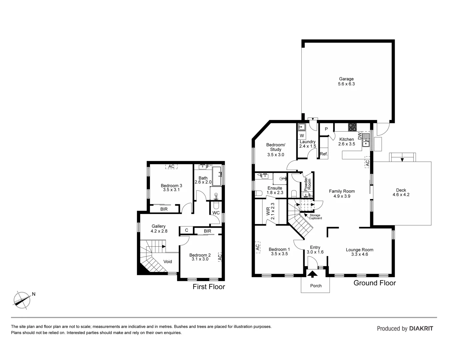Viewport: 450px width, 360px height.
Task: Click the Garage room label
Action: tap(346, 79)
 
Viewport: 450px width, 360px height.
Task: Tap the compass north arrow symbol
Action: tap(22, 299)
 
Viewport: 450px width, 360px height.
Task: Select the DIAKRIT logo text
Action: tap(421, 328)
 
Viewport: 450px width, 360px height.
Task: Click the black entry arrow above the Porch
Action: tap(312, 274)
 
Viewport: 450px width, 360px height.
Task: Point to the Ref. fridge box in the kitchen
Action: tap(324, 154)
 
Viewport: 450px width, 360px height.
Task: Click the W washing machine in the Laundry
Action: tap(302, 136)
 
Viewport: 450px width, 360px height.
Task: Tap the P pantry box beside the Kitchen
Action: tap(326, 129)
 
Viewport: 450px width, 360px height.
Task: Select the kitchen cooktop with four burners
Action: tap(352, 127)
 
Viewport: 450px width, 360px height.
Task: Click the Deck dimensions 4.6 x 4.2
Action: tap(401, 195)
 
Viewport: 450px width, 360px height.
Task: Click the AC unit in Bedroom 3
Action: tap(171, 167)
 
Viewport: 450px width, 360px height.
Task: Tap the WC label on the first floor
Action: tap(216, 213)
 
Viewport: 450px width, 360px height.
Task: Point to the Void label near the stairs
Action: tap(168, 261)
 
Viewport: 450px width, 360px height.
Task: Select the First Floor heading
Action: tap(209, 287)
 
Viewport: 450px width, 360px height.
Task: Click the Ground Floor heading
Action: tap(374, 283)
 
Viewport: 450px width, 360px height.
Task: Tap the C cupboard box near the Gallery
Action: tap(187, 230)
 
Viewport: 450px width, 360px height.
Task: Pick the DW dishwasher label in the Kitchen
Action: tap(360, 136)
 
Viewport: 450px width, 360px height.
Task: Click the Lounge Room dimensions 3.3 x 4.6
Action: tap(359, 254)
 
